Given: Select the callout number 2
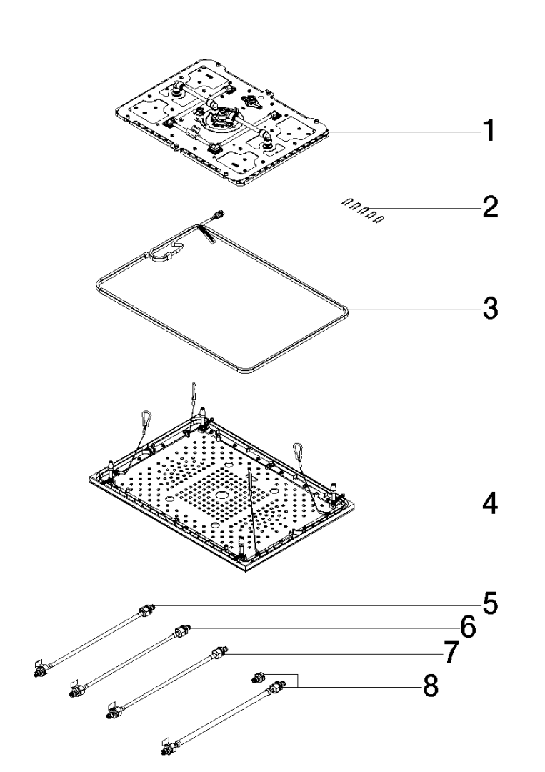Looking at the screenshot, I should click(x=489, y=207).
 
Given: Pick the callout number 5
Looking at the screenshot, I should click(x=489, y=605).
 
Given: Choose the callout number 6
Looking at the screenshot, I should click(x=467, y=628).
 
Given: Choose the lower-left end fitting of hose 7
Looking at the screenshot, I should click(x=113, y=713).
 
